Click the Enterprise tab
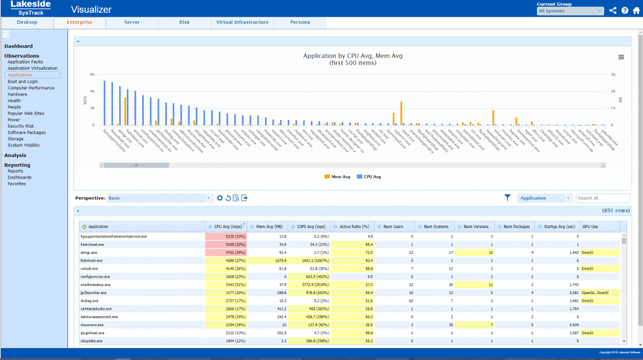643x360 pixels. click(x=79, y=23)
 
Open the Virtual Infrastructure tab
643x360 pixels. click(x=242, y=23)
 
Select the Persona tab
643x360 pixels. click(x=300, y=23)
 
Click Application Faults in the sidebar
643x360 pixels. click(x=25, y=62)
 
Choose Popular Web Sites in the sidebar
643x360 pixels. click(x=26, y=114)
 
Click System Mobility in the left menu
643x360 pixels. click(x=24, y=145)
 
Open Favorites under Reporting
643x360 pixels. click(x=17, y=184)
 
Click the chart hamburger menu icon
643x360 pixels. click(x=621, y=57)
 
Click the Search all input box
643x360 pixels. click(x=602, y=198)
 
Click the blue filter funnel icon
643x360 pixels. click(x=507, y=198)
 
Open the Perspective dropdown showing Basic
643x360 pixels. click(x=160, y=198)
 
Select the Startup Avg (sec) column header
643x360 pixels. click(x=559, y=226)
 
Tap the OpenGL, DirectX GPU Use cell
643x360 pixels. click(x=600, y=293)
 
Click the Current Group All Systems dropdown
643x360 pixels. click(x=570, y=11)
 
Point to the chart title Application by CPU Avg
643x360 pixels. click(x=352, y=57)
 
